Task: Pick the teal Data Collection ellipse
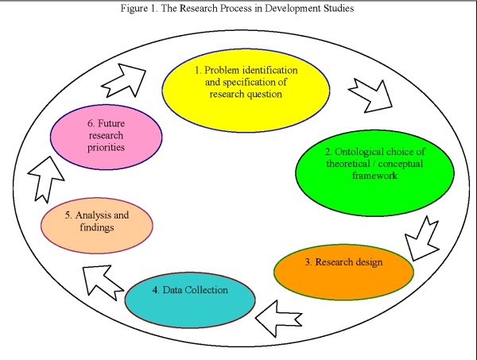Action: (191, 297)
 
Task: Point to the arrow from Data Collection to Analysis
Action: (103, 274)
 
